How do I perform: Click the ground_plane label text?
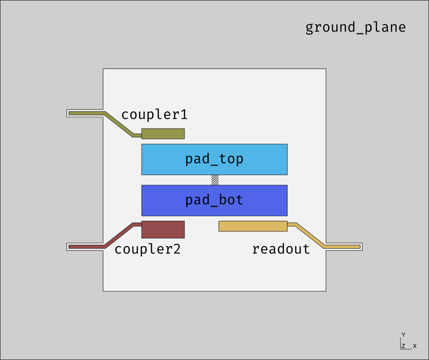(355, 27)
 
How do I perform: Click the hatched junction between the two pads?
(215, 180)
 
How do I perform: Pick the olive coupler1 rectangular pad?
(163, 134)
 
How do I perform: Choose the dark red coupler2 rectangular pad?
(163, 229)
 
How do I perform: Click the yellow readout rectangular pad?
(253, 226)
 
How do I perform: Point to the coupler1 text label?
(154, 115)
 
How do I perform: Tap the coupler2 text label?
(148, 249)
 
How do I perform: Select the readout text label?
(281, 249)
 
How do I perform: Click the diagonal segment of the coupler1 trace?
(119, 124)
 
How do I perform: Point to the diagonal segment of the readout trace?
(310, 235)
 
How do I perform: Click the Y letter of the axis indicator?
(403, 335)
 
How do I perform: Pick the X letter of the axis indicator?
(415, 346)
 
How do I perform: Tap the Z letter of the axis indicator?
(404, 346)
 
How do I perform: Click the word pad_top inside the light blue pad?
(214, 159)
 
